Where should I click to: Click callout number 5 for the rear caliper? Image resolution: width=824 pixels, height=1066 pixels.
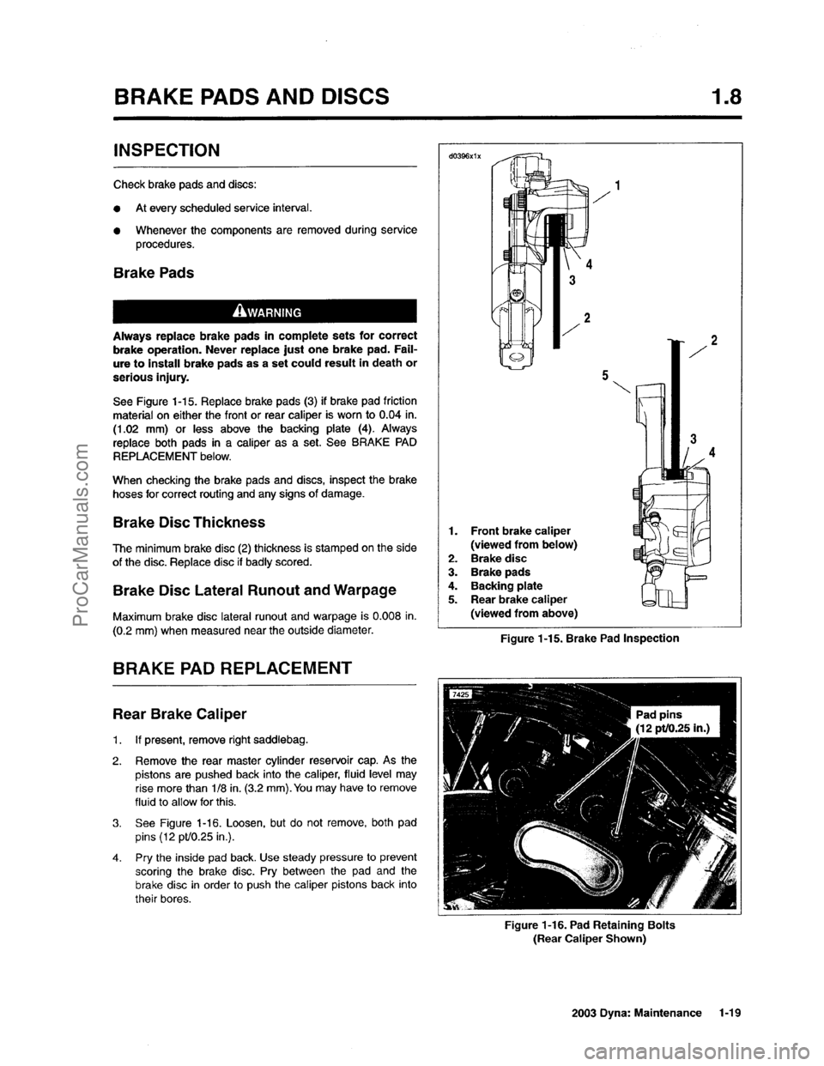605,375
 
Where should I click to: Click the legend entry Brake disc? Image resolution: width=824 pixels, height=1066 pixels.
498,558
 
